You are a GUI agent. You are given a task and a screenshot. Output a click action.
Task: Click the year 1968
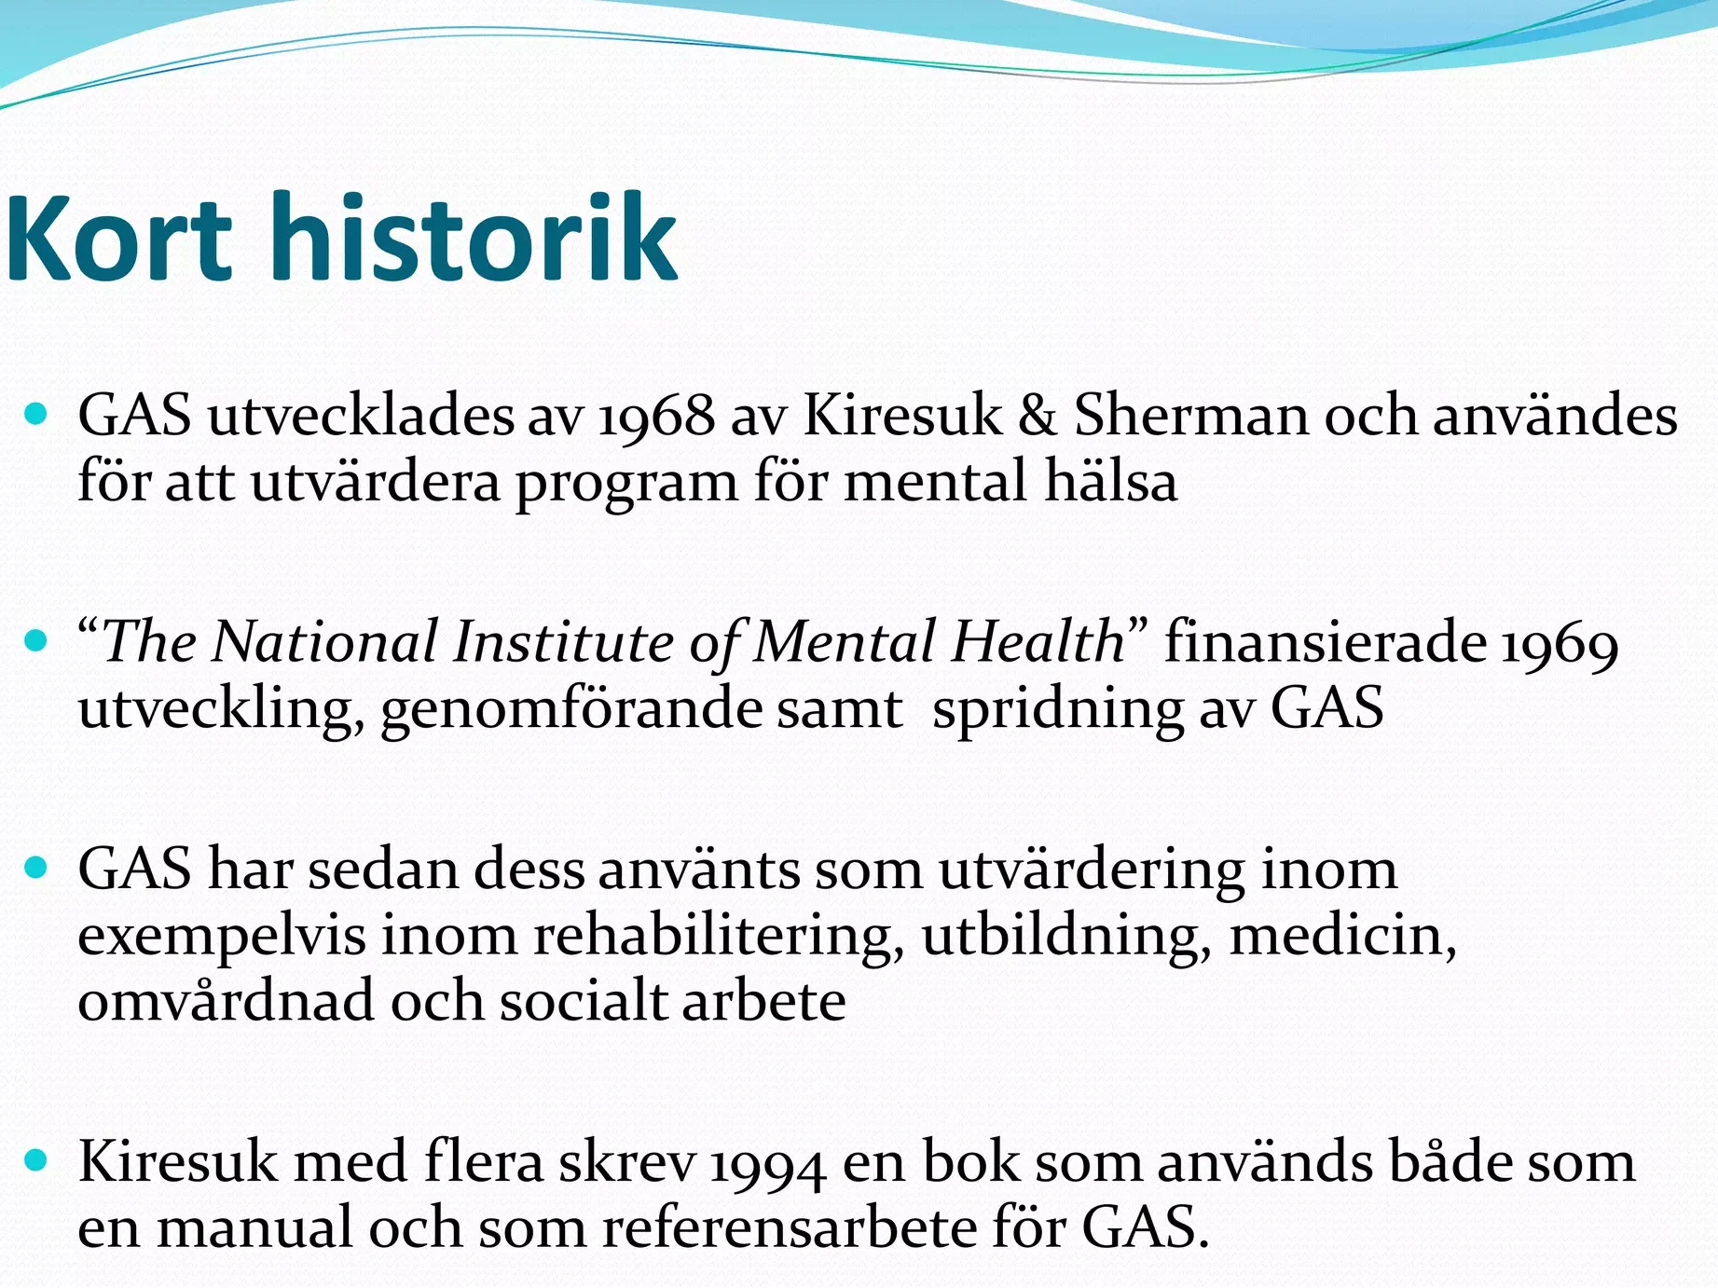click(656, 416)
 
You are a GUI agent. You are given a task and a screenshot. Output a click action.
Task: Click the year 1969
click(1559, 644)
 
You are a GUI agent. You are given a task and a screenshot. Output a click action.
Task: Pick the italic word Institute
click(563, 642)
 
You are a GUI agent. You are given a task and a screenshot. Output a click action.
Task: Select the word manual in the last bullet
click(254, 1227)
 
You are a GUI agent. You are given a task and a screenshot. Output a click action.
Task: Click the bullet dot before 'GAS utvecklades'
click(36, 414)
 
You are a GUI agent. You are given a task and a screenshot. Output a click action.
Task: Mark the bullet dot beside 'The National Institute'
click(36, 641)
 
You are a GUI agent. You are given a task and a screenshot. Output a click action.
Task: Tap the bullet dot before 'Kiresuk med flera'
click(36, 1160)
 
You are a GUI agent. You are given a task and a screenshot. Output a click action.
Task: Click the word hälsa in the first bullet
click(1110, 481)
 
